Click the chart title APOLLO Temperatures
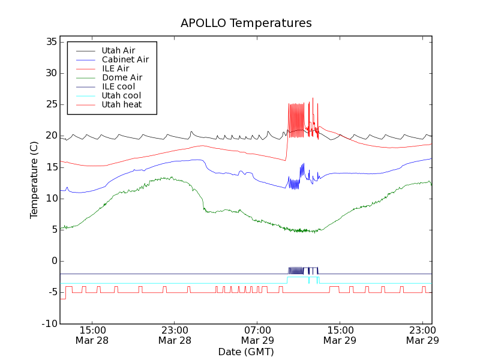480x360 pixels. pos(246,23)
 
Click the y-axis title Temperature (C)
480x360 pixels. pos(34,179)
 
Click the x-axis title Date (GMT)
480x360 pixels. pos(246,352)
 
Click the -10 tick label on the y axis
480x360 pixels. pos(49,323)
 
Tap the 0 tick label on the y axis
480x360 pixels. pos(54,261)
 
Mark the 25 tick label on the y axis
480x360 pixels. pos(51,104)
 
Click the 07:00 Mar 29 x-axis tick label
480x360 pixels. pos(257,335)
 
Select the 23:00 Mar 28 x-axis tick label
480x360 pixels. pos(175,335)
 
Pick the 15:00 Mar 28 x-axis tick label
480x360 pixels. pos(92,335)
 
